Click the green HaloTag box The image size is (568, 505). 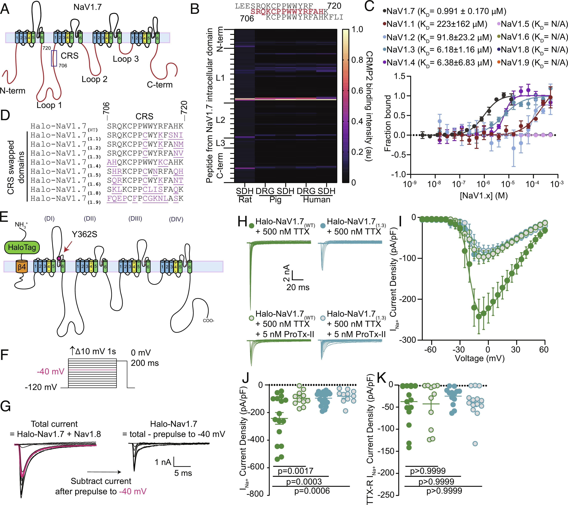click(x=22, y=247)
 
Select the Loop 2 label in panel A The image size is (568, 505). click(x=94, y=79)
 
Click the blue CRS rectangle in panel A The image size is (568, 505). click(x=54, y=58)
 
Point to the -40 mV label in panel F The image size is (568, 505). click(x=51, y=371)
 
